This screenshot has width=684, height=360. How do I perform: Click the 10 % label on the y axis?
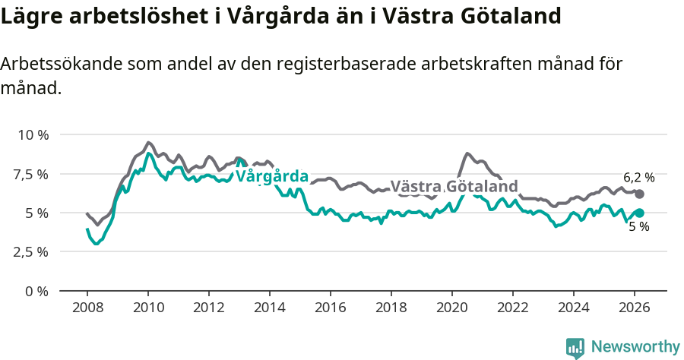33,135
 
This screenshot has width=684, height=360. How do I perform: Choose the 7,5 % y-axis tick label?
30,174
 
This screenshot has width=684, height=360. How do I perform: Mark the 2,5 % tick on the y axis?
30,251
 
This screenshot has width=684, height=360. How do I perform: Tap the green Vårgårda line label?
272,176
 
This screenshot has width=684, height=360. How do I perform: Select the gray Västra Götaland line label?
454,187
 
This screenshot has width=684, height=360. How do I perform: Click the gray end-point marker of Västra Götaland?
640,194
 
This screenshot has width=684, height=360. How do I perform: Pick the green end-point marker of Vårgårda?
640,213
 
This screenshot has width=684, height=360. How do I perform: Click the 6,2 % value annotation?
638,178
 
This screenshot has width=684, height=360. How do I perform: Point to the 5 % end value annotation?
638,227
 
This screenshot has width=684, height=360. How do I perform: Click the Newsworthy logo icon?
575,347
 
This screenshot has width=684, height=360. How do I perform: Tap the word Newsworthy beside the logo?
635,347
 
